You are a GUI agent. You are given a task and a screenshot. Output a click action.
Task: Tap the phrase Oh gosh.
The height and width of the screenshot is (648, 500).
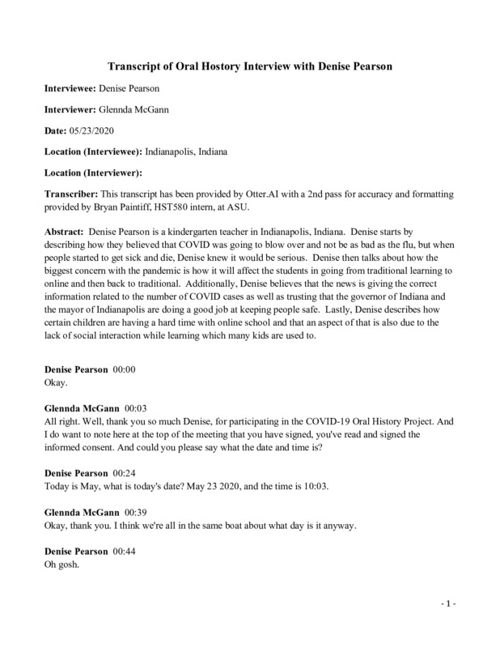[61, 565]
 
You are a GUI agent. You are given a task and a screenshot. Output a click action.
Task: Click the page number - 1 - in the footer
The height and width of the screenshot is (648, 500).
[449, 606]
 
